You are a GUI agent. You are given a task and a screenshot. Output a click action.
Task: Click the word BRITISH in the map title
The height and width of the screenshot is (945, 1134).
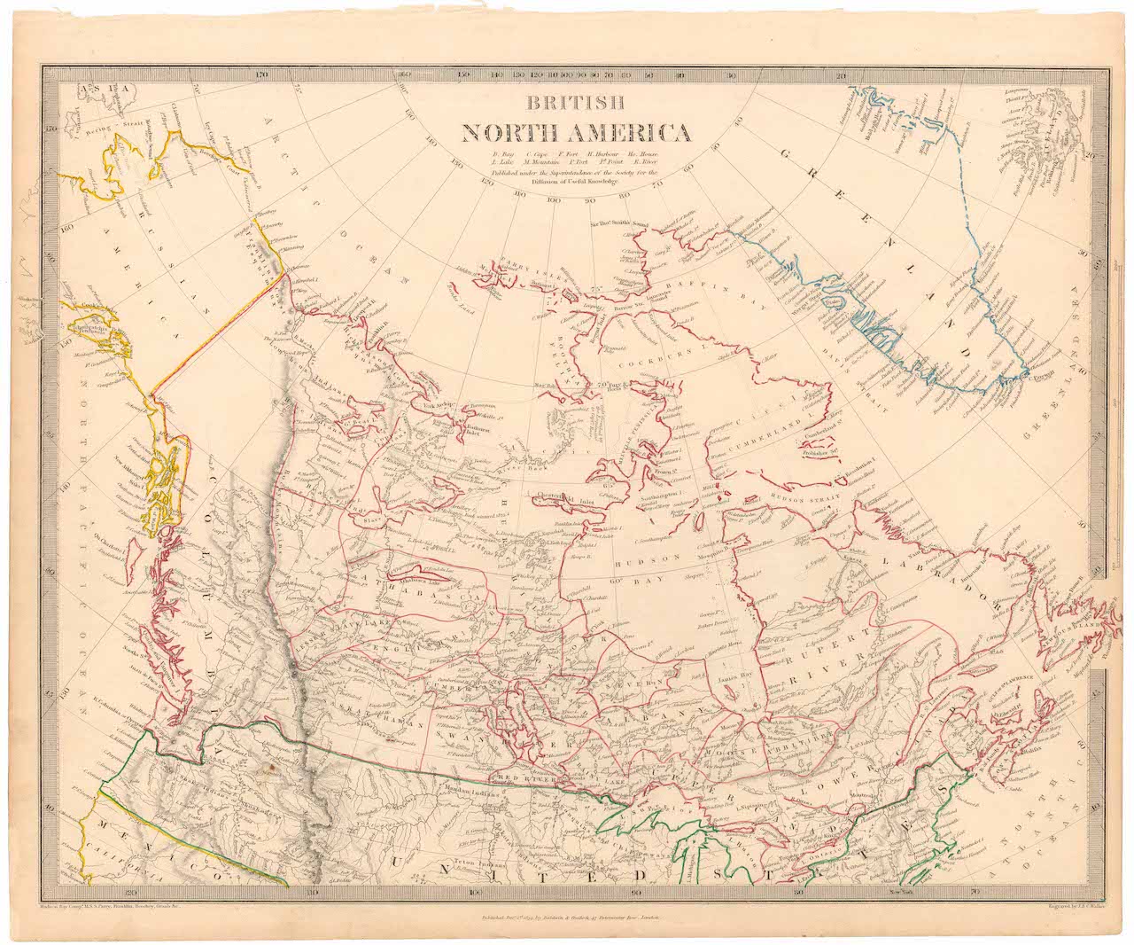(576, 102)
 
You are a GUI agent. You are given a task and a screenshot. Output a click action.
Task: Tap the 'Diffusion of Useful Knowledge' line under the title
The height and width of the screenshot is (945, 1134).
(576, 182)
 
